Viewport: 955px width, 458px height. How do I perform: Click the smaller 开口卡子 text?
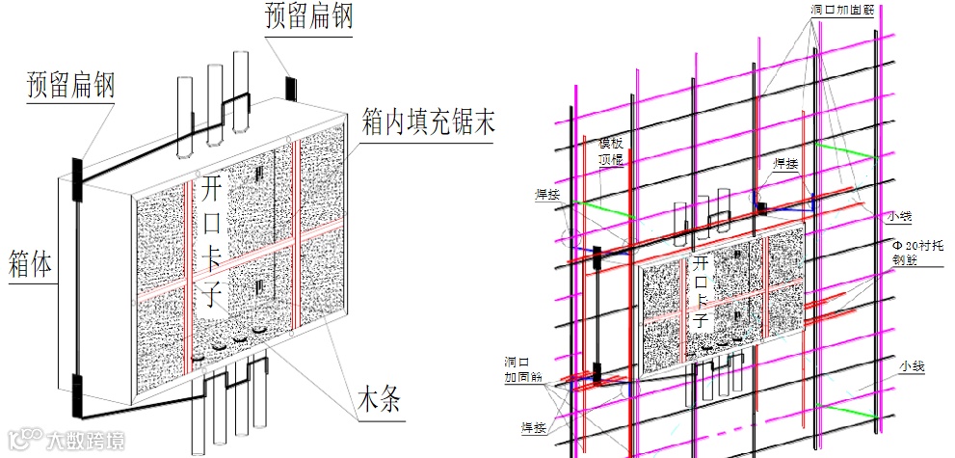(x=701, y=289)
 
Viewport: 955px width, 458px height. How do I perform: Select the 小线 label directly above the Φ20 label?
(x=901, y=217)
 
